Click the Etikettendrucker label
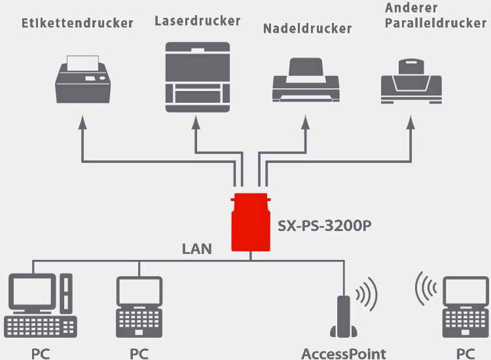77,23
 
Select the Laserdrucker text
197,20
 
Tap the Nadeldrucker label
307,28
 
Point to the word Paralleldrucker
435,24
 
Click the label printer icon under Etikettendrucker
84,79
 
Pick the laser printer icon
197,74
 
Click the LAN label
197,249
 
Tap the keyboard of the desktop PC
41,325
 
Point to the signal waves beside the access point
367,293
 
